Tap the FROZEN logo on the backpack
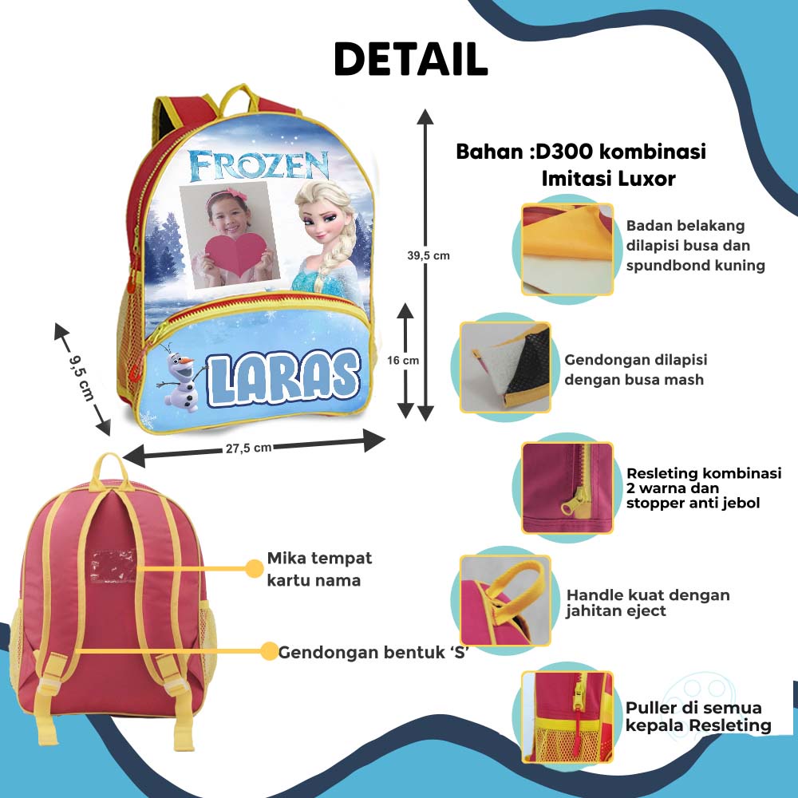click(259, 165)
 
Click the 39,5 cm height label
click(429, 255)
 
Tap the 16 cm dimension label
click(403, 360)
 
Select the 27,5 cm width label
click(248, 448)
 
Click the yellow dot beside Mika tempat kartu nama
click(254, 568)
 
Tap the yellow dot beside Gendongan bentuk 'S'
click(270, 651)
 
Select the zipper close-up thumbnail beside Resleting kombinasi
click(567, 488)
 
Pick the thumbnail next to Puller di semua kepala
click(567, 717)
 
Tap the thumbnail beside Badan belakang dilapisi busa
click(567, 249)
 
